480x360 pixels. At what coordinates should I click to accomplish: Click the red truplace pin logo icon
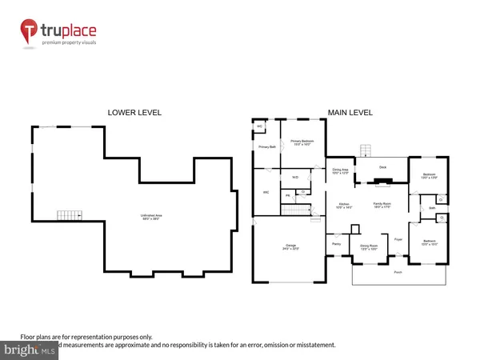pyautogui.click(x=30, y=33)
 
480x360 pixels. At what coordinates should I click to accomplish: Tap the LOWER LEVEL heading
pyautogui.click(x=130, y=113)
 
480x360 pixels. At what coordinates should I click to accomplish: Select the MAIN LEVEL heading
pyautogui.click(x=350, y=113)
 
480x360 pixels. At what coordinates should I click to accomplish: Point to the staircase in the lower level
pyautogui.click(x=70, y=215)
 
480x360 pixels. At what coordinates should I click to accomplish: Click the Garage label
pyautogui.click(x=290, y=247)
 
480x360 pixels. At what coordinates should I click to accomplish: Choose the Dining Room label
pyautogui.click(x=369, y=246)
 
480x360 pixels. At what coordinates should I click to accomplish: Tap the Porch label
pyautogui.click(x=398, y=272)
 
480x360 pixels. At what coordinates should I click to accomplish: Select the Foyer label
pyautogui.click(x=398, y=238)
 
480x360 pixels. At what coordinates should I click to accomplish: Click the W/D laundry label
pyautogui.click(x=294, y=177)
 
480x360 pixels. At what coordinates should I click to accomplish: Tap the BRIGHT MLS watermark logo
pyautogui.click(x=28, y=350)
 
